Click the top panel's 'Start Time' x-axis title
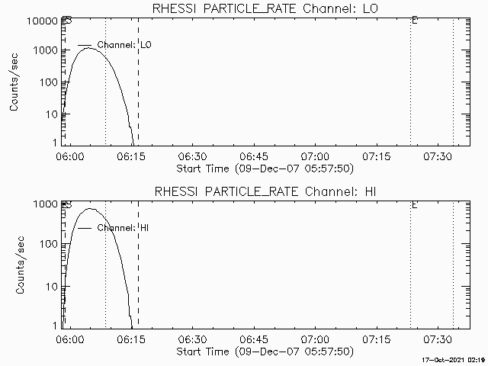coord(264,168)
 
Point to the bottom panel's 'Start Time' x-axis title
coord(264,352)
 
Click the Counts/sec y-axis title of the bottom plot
coord(14,265)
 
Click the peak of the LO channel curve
coord(88,48)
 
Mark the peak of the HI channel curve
coord(90,208)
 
